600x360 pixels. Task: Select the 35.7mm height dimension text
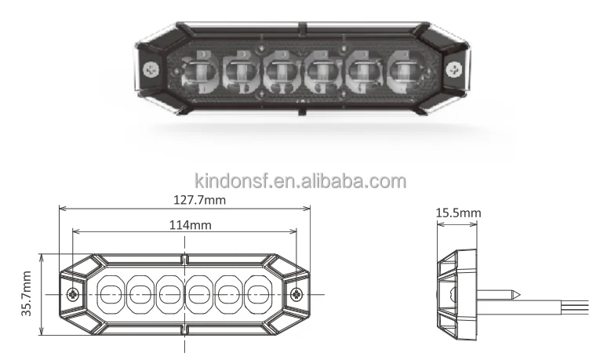pos(27,294)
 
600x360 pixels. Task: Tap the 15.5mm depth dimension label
pos(459,213)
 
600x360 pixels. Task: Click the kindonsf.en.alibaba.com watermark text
pos(301,182)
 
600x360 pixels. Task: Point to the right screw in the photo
pos(454,70)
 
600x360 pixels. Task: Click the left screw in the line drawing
pos(73,295)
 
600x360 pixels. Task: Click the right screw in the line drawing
pos(296,295)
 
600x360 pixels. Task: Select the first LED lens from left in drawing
pos(110,295)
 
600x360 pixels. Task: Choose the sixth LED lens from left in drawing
pos(257,295)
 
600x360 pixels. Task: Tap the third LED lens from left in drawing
pos(169,295)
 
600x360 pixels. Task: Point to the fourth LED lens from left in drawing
pos(198,295)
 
